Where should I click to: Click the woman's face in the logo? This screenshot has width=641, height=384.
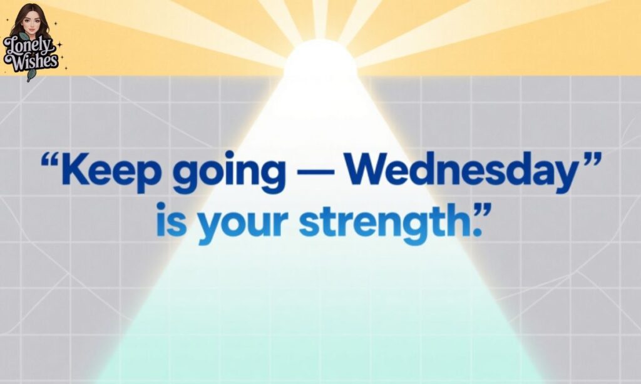pos(29,21)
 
